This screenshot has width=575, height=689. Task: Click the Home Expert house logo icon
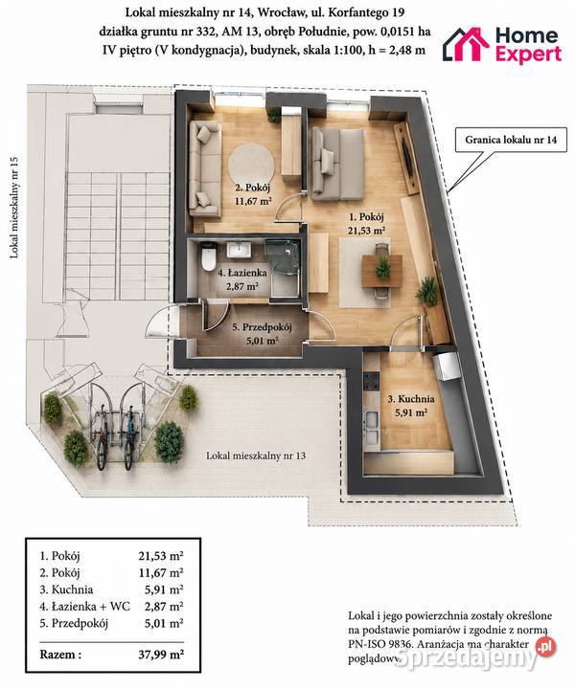coord(466,43)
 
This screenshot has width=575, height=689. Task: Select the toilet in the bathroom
coord(206,258)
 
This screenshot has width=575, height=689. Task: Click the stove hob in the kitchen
coord(372,381)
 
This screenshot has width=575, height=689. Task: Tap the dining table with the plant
coord(381,271)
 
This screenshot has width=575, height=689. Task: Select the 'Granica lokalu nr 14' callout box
coord(511,140)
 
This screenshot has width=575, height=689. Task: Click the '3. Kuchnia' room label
coord(411,399)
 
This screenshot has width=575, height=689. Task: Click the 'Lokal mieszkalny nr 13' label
coord(256,456)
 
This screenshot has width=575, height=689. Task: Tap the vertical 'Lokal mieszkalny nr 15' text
coord(14,207)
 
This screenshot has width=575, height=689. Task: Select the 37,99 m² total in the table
coord(161,655)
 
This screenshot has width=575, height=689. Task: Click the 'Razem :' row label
coord(60,655)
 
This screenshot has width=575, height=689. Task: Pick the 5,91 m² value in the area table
coord(164,589)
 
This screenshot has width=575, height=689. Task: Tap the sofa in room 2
coord(204,169)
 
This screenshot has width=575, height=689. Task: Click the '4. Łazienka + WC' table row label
coord(85,607)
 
